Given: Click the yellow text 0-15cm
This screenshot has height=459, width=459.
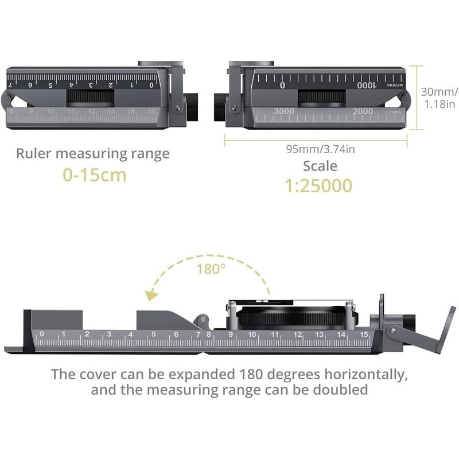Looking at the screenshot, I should (95, 174).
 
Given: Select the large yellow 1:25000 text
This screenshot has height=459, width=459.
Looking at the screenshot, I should (319, 185).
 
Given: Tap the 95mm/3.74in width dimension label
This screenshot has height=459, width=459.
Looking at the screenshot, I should (320, 149).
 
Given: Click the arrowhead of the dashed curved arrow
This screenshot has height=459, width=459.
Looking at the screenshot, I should (151, 295).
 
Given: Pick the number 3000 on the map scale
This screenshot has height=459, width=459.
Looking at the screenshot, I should (284, 111).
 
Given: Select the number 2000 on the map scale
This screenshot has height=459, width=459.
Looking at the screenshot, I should (363, 111).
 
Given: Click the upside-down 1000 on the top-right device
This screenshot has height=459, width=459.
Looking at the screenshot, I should (365, 85).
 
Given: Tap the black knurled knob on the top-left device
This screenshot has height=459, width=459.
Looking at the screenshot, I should (191, 106).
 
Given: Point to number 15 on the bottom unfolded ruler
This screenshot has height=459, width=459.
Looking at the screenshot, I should (364, 334).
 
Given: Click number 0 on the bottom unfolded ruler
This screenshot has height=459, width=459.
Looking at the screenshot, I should (41, 334).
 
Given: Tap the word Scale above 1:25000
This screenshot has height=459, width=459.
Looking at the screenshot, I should (320, 166).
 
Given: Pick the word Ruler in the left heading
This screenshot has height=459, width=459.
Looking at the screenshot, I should (35, 153).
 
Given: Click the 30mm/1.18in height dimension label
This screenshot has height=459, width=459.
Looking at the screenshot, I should (439, 98).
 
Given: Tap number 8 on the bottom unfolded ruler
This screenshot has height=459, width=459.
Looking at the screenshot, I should (209, 334).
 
